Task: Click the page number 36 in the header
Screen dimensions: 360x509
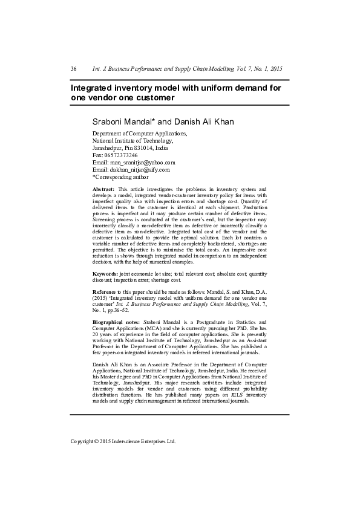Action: [73, 69]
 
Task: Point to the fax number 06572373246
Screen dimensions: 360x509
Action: [120, 155]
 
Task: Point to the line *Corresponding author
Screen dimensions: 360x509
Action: [120, 177]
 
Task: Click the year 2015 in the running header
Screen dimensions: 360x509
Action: [276, 69]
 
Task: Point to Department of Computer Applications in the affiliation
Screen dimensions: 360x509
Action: [139, 133]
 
